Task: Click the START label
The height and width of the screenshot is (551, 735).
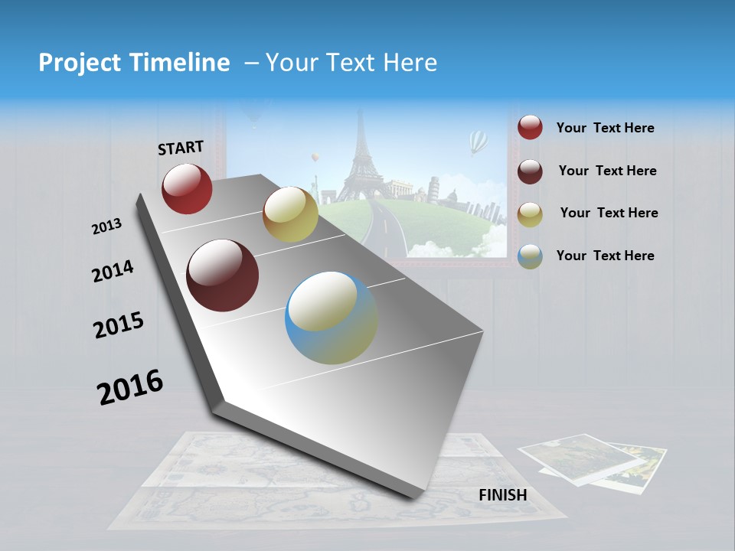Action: click(x=181, y=148)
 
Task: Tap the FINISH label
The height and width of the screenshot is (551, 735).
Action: click(x=502, y=495)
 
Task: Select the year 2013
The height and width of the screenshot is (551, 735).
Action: click(x=106, y=227)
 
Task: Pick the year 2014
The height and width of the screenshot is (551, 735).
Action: click(x=113, y=272)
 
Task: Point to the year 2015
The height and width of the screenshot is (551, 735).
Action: click(x=119, y=325)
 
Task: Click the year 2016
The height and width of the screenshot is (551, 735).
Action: click(x=130, y=386)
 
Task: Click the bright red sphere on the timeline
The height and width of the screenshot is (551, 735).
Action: click(x=187, y=188)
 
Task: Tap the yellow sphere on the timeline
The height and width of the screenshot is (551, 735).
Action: click(x=290, y=214)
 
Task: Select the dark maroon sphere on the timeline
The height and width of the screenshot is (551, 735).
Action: click(x=223, y=275)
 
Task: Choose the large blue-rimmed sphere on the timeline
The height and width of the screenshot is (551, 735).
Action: click(x=331, y=318)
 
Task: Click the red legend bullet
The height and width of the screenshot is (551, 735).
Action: click(x=530, y=128)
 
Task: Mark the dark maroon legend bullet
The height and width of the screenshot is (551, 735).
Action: click(x=530, y=171)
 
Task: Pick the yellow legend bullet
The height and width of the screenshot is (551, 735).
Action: click(x=530, y=214)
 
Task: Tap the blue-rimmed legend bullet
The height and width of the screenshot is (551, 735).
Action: click(x=530, y=256)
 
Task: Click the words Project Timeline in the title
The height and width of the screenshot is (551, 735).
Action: click(x=134, y=63)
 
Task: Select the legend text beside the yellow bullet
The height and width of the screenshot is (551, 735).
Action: click(x=609, y=213)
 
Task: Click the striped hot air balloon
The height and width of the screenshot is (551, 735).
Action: click(x=478, y=142)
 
